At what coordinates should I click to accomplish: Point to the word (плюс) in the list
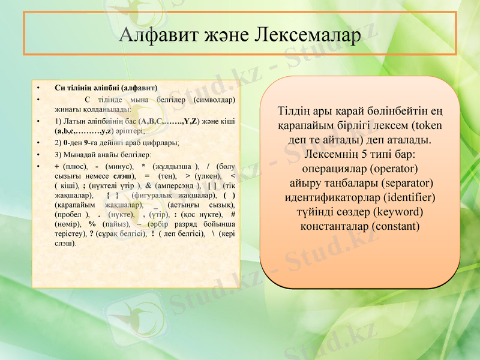point(75,166)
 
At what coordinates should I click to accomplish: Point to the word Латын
point(76,121)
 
